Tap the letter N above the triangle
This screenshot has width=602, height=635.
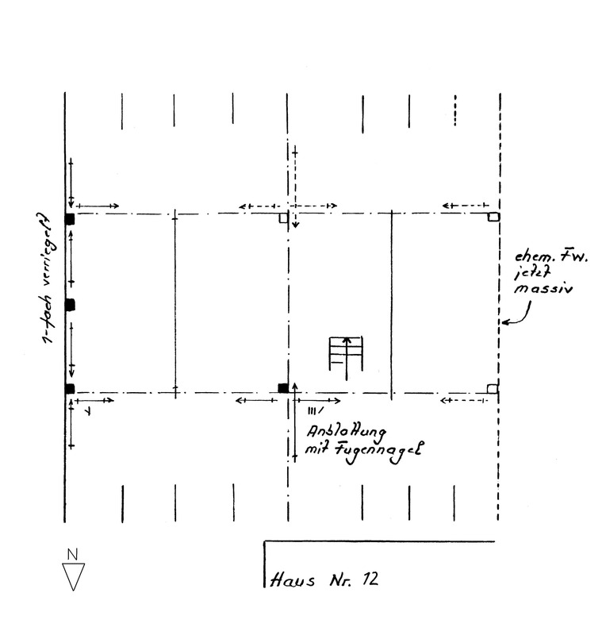tap(72, 554)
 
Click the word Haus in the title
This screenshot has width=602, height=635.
tap(292, 580)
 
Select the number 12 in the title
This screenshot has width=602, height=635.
tap(370, 579)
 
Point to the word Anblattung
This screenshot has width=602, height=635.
tap(346, 433)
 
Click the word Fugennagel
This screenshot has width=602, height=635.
tap(378, 450)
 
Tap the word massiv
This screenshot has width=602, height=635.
tap(543, 288)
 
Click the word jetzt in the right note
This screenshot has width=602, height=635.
tap(532, 273)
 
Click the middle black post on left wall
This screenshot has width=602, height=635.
tap(70, 305)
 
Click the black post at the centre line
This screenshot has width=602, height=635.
tap(283, 388)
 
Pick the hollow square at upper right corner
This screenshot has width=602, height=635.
tap(493, 217)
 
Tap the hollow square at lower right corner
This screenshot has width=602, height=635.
tap(493, 389)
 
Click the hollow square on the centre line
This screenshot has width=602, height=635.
tap(283, 217)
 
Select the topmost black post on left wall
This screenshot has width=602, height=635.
tap(70, 219)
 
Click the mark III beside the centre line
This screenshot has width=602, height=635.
tap(315, 411)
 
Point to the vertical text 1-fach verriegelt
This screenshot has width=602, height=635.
tap(48, 278)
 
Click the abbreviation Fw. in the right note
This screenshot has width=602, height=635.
tap(574, 256)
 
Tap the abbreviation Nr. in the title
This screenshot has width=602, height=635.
tap(340, 580)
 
